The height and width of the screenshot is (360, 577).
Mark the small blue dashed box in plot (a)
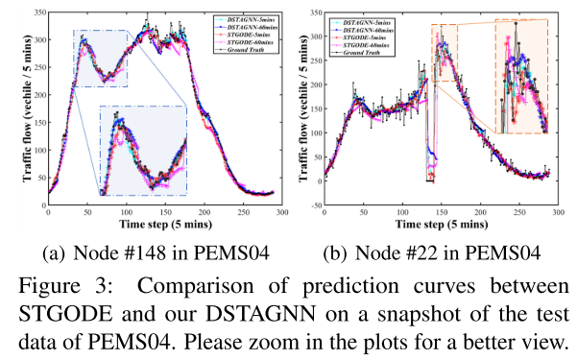(100, 59)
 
